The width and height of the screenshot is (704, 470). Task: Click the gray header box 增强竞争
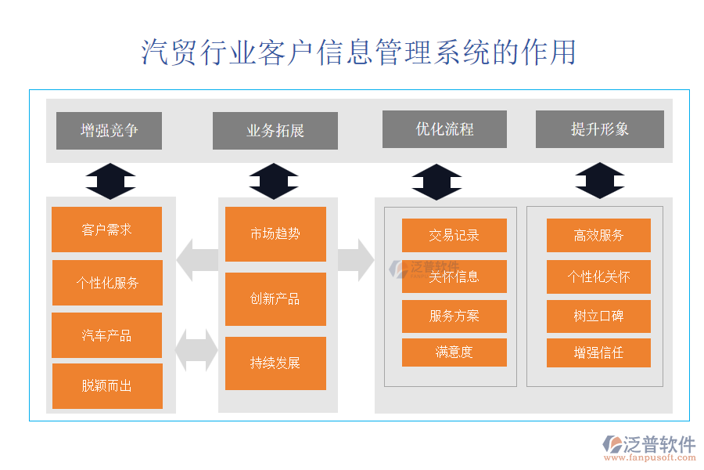pyautogui.click(x=109, y=131)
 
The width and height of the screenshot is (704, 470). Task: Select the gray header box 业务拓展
pyautogui.click(x=275, y=131)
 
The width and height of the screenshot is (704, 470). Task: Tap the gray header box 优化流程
pyautogui.click(x=444, y=129)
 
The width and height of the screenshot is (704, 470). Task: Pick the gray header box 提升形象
pyautogui.click(x=599, y=129)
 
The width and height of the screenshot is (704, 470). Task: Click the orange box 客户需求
pyautogui.click(x=107, y=230)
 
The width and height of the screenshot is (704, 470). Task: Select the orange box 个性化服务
pyautogui.click(x=107, y=283)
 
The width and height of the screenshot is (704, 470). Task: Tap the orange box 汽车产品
pyautogui.click(x=107, y=335)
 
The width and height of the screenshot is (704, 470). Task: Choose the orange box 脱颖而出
pyautogui.click(x=107, y=386)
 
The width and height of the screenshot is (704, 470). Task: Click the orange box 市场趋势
pyautogui.click(x=275, y=233)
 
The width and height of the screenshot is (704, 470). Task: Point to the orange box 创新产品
pyautogui.click(x=275, y=299)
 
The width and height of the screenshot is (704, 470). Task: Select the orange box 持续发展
pyautogui.click(x=275, y=363)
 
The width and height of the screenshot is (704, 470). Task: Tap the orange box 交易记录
pyautogui.click(x=454, y=235)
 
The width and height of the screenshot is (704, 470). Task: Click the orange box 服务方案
pyautogui.click(x=454, y=316)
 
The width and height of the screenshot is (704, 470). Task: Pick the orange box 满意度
pyautogui.click(x=454, y=352)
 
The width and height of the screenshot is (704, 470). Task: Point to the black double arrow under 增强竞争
pyautogui.click(x=110, y=181)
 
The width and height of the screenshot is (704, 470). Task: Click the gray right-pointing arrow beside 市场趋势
pyautogui.click(x=357, y=260)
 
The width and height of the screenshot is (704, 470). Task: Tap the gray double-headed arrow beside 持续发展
pyautogui.click(x=196, y=350)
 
